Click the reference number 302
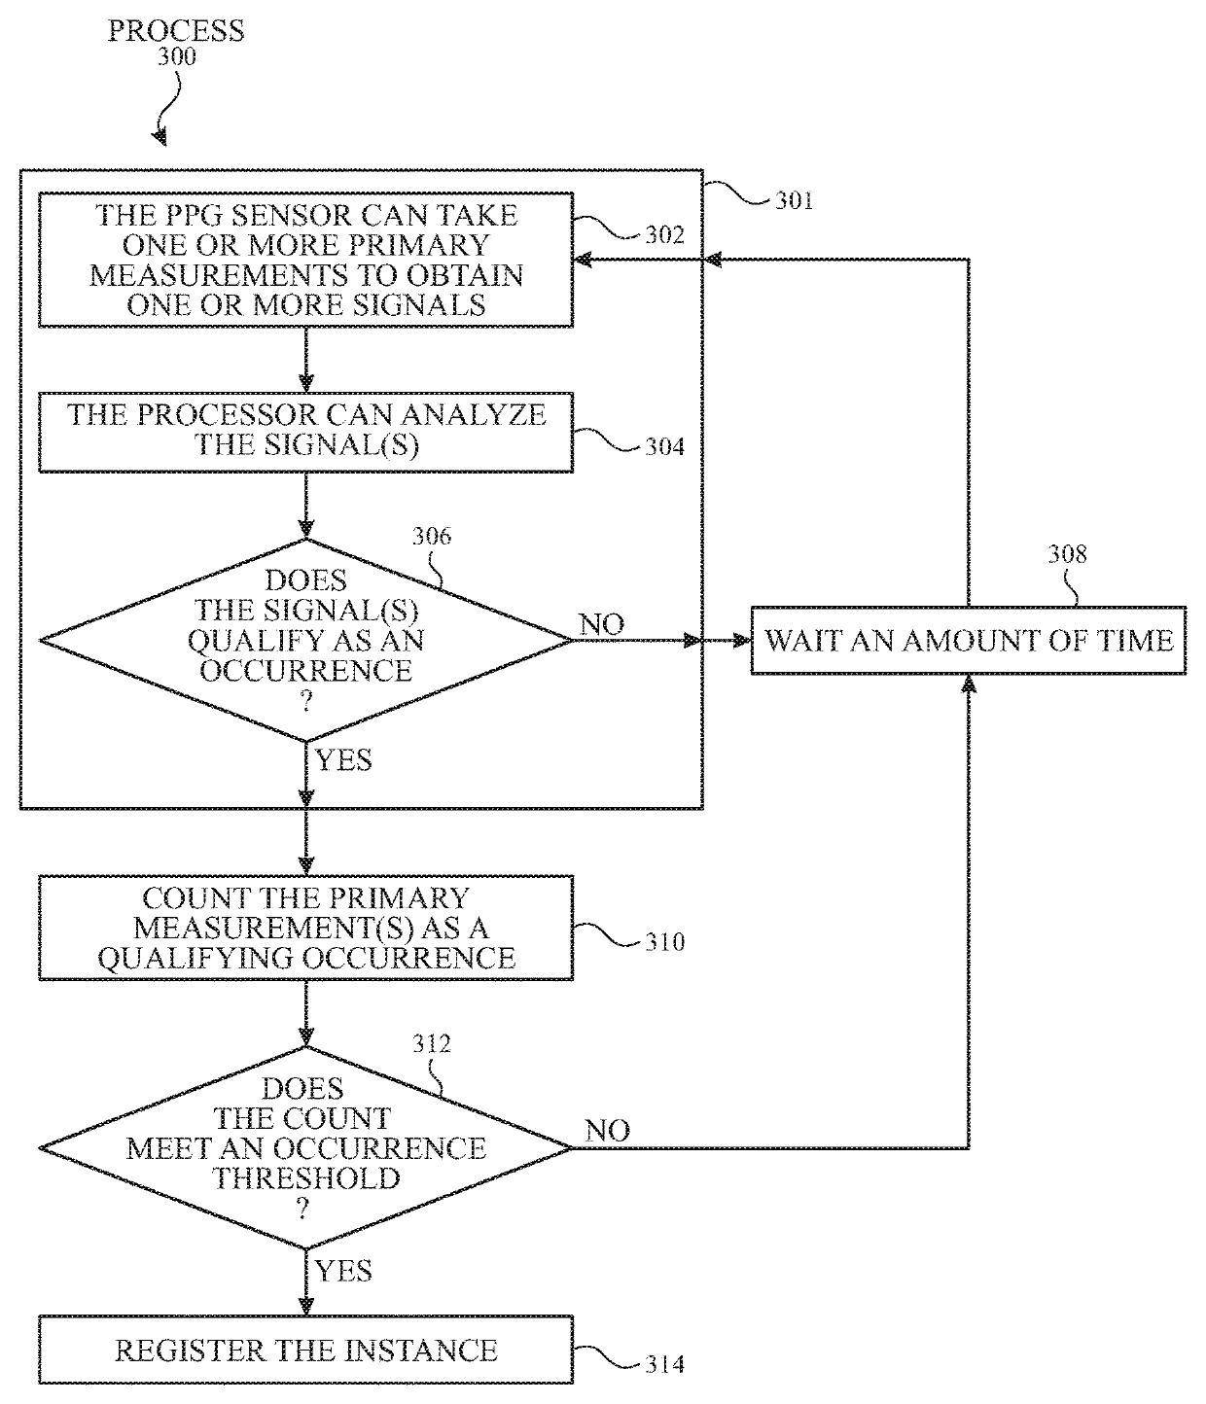point(664,235)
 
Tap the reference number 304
point(664,446)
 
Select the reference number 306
point(432,537)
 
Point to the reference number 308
point(1067,554)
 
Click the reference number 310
point(664,942)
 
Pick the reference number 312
point(432,1043)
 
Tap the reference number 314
point(664,1364)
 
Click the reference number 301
point(795,200)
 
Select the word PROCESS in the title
point(176,31)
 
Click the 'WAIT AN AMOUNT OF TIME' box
point(968,641)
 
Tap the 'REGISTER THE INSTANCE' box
point(305,1350)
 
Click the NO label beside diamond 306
point(601,625)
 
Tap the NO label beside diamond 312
point(608,1131)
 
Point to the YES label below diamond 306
point(343,760)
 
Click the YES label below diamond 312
point(343,1271)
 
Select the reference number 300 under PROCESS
point(177,56)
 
